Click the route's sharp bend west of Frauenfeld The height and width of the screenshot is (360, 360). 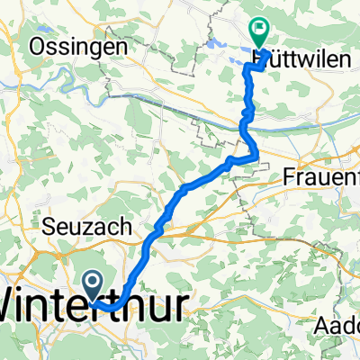coord(257,158)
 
